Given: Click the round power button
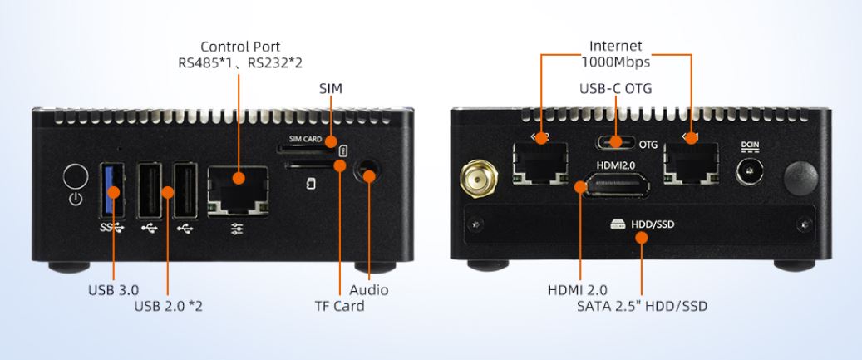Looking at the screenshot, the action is pos(76,176).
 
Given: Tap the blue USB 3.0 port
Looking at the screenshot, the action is pos(113,190).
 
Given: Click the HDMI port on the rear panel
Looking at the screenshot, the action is pos(618,185).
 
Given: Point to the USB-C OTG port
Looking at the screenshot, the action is pos(616,142).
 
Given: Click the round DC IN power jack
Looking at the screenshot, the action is pos(750,171).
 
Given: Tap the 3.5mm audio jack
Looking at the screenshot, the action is pos(367,171).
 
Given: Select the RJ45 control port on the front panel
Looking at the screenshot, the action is pos(238,190).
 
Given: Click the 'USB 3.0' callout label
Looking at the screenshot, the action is pos(114,289).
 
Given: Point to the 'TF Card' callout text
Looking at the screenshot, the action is pos(339,306).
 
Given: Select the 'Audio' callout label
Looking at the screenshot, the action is pos(368,289).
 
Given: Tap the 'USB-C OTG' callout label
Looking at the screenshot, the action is pos(616,88).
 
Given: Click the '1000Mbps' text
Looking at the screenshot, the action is pos(616,62).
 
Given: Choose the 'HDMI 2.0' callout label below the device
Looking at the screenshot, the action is pos(577,289).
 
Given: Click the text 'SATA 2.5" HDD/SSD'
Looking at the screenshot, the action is pos(642,306).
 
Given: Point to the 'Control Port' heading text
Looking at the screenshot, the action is pos(240,47).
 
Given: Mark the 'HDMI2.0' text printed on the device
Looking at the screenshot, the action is pos(617,165).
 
